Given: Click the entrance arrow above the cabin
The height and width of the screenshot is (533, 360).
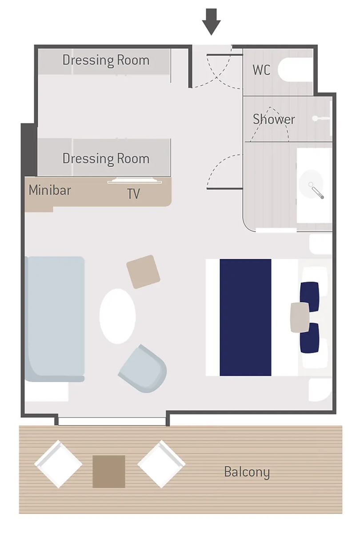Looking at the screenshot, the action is coord(211,22).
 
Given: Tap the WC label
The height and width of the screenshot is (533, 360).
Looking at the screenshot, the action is coord(261,70).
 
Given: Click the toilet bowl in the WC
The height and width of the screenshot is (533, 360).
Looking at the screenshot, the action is coord(295,70).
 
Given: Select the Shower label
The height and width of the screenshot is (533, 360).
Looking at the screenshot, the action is coord(274,119).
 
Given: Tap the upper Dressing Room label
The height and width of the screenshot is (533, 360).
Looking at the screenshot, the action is coord(106,60).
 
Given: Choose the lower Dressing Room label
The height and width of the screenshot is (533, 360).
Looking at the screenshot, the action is coord(106,159).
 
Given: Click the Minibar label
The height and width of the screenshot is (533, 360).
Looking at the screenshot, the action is coord(50,190).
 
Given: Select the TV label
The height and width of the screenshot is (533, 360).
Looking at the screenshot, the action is coord(134,194).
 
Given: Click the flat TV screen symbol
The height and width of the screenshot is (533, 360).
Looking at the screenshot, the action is coord(135,181).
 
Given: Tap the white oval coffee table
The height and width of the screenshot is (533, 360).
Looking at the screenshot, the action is coord(118,316).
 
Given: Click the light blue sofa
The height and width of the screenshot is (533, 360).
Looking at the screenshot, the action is coord(55,319).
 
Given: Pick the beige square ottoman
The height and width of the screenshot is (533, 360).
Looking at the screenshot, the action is coord(143,272).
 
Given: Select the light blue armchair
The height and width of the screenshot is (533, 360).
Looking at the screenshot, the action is coord(143,368).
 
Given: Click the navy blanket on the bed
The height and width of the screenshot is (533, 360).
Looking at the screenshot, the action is coord(245,318).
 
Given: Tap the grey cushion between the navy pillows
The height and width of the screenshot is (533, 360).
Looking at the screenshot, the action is coord(300,317).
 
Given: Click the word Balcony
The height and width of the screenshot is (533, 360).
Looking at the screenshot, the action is coord(247,472).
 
